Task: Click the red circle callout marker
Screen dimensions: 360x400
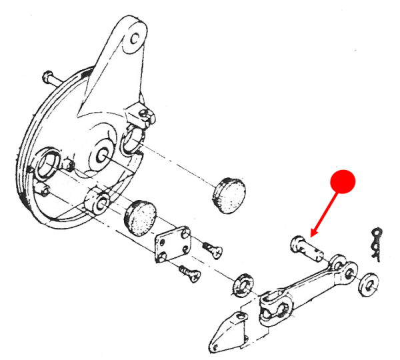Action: [344, 181]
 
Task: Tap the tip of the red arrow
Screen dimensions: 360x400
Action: [311, 237]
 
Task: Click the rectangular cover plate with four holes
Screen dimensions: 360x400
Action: [173, 245]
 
